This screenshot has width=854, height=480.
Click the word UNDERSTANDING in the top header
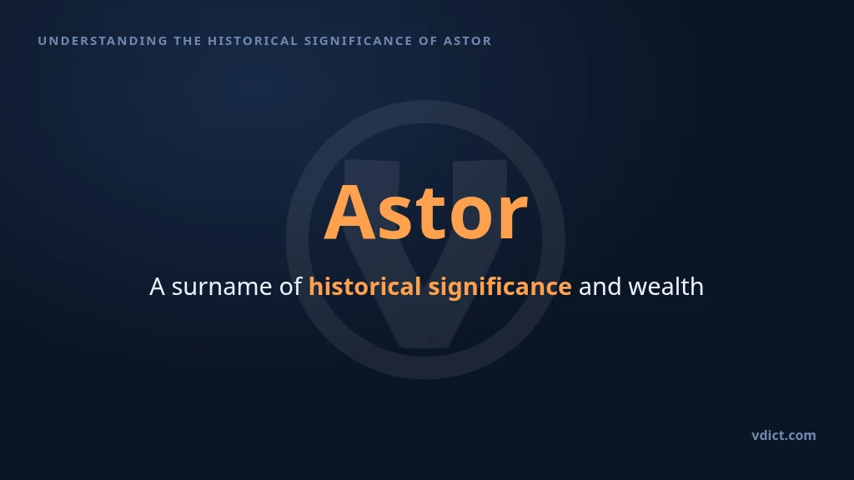tap(103, 41)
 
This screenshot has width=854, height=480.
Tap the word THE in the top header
tap(188, 41)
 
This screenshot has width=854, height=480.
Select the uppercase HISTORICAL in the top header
tap(253, 41)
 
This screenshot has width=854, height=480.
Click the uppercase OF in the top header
tap(428, 41)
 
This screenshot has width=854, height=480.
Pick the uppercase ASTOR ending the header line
tap(467, 41)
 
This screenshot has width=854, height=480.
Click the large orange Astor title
tap(426, 212)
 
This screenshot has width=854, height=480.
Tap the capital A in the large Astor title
tap(350, 212)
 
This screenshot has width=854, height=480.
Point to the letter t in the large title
tap(426, 214)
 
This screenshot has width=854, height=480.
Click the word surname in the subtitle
tap(222, 287)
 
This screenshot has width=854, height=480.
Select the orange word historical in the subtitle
tap(364, 287)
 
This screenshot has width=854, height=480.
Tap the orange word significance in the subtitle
tap(500, 287)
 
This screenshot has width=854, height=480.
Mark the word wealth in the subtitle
tap(666, 287)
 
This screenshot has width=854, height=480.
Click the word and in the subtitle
tap(600, 287)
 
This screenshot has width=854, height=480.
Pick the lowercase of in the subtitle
tap(290, 287)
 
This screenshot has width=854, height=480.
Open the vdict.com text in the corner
tap(784, 435)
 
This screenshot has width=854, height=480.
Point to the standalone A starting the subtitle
tap(157, 287)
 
